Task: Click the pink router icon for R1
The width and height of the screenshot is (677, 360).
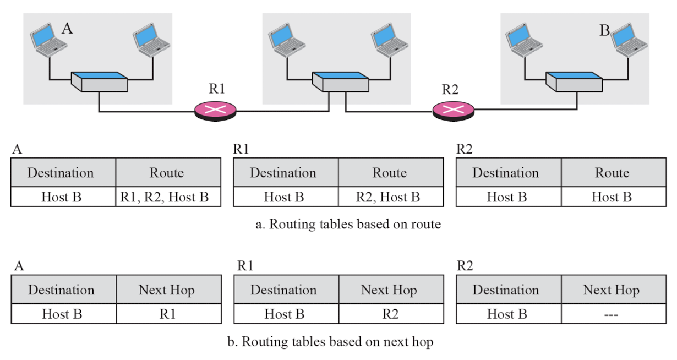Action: pyautogui.click(x=215, y=111)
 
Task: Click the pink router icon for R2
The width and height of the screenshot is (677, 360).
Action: pyautogui.click(x=454, y=111)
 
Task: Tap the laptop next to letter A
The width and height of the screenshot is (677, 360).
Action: pyautogui.click(x=48, y=40)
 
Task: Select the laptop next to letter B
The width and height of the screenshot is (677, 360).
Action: pyautogui.click(x=629, y=40)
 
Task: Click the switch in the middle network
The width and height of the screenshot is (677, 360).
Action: pyautogui.click(x=340, y=81)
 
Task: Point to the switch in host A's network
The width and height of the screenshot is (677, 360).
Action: pyautogui.click(x=100, y=81)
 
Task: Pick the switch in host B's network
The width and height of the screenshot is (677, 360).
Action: pyautogui.click(x=574, y=81)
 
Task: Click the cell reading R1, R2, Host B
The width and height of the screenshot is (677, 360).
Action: pyautogui.click(x=168, y=197)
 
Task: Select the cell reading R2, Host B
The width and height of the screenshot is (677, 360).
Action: pyautogui.click(x=391, y=197)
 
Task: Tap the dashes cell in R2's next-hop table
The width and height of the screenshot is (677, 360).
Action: pyautogui.click(x=614, y=314)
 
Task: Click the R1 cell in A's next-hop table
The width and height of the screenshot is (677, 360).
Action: pyautogui.click(x=168, y=314)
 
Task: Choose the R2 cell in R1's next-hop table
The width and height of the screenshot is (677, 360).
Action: pyautogui.click(x=391, y=314)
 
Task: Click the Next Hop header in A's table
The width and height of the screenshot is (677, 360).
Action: pyautogui.click(x=168, y=290)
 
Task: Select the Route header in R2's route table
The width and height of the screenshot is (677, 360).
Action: pyautogui.click(x=614, y=173)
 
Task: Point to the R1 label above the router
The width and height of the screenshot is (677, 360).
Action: pyautogui.click(x=217, y=89)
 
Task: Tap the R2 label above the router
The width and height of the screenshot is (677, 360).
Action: pyautogui.click(x=450, y=89)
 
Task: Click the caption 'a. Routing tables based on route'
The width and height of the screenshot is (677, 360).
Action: pyautogui.click(x=348, y=224)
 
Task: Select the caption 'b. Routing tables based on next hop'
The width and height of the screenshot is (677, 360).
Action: pyautogui.click(x=330, y=342)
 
